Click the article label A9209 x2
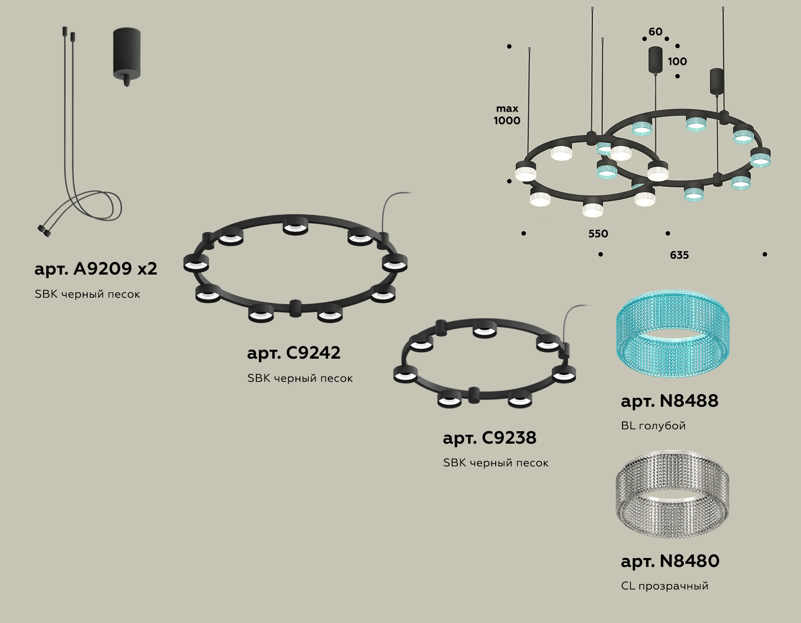[96, 269]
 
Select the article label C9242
[294, 353]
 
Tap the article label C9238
[489, 438]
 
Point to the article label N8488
[669, 401]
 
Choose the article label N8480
[670, 561]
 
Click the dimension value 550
[598, 234]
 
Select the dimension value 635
[679, 255]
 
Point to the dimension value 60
[655, 32]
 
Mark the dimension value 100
[677, 61]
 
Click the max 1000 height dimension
[507, 114]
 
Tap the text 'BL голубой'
[653, 426]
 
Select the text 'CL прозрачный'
[664, 586]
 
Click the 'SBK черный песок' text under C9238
[496, 463]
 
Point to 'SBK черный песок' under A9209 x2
[87, 294]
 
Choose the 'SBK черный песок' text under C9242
[300, 378]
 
